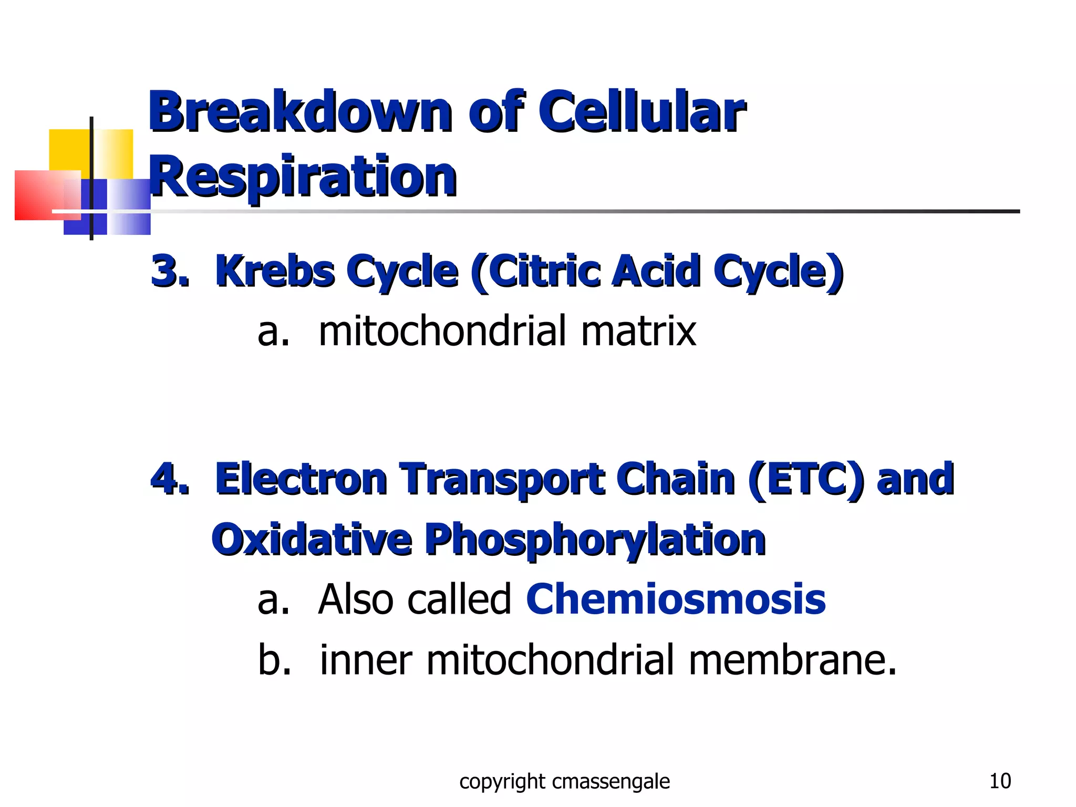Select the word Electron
(x=301, y=479)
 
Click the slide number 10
(x=1000, y=781)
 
